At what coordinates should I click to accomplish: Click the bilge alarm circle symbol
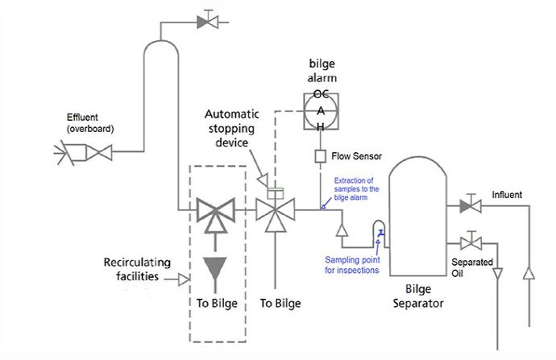tap(320, 111)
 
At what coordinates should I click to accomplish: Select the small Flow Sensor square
tap(320, 155)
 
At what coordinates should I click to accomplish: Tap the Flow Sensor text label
tap(356, 155)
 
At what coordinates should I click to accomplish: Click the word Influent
tap(507, 195)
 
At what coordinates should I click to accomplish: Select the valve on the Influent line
tap(471, 207)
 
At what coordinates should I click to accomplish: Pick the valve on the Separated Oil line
tap(471, 241)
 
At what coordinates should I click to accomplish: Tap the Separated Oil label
tap(472, 268)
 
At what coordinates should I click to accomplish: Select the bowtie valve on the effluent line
tap(101, 151)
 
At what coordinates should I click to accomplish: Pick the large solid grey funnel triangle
tap(214, 270)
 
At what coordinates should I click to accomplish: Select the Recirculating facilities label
tap(139, 271)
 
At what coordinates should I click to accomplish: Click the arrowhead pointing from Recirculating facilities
tap(184, 279)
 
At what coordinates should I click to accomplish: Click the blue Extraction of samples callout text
tap(355, 186)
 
